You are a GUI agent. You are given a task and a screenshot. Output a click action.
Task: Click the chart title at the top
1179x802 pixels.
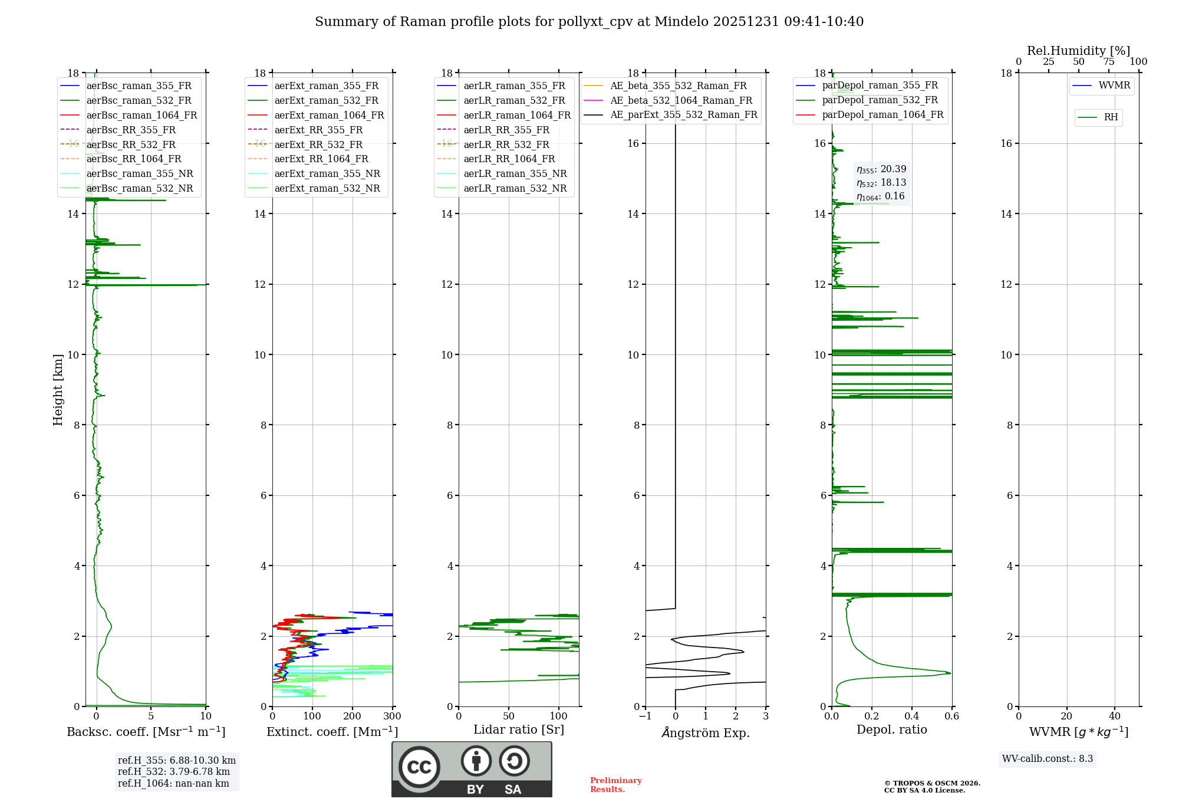click(x=589, y=22)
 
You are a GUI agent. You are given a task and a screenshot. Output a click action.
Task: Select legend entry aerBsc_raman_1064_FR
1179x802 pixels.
click(x=141, y=115)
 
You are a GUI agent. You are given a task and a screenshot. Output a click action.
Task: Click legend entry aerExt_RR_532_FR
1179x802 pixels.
click(x=318, y=144)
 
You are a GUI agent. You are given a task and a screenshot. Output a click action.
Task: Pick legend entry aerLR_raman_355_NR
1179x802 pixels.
click(x=515, y=173)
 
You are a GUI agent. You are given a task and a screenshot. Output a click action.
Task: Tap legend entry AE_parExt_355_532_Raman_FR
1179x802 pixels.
click(x=684, y=114)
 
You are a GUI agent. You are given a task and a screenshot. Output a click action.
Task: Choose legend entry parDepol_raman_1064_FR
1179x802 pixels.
click(x=882, y=114)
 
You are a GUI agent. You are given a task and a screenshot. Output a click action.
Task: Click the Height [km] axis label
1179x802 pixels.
click(x=58, y=390)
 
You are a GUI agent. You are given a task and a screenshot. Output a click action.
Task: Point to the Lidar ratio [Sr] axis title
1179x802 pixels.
click(x=519, y=729)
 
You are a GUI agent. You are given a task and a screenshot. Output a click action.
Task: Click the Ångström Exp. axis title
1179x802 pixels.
click(x=706, y=732)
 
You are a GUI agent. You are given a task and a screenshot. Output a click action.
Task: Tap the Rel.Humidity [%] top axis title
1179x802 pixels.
click(x=1078, y=51)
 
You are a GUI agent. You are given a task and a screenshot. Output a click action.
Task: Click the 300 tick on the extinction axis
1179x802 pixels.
click(x=392, y=716)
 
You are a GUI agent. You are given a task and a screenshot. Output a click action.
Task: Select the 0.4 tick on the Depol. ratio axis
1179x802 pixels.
click(x=912, y=716)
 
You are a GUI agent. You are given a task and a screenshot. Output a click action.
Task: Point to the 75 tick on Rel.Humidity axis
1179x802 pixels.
click(x=1109, y=62)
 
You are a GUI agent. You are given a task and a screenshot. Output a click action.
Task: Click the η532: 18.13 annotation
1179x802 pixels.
click(x=881, y=183)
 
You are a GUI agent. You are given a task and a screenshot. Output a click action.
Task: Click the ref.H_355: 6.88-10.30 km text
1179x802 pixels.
click(x=177, y=760)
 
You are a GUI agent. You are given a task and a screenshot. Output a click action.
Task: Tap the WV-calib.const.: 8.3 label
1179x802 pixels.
click(x=1048, y=759)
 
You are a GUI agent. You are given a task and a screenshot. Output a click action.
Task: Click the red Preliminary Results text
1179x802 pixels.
click(x=615, y=785)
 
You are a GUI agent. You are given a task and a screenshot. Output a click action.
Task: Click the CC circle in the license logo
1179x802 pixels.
click(x=419, y=767)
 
